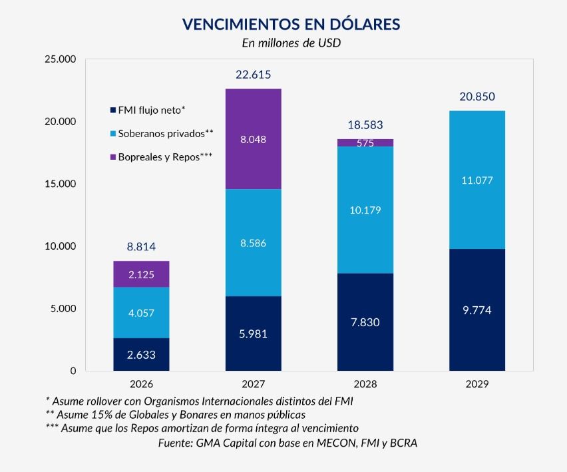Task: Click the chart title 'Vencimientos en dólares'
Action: (x=291, y=25)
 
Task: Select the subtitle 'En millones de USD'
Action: (x=291, y=44)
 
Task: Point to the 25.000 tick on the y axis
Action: (x=60, y=59)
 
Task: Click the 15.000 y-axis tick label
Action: (x=60, y=184)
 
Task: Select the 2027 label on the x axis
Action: (x=254, y=385)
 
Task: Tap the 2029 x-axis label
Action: (x=477, y=385)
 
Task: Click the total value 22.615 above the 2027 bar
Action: (x=254, y=75)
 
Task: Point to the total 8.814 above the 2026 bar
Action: (x=141, y=246)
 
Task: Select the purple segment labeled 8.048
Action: (x=254, y=139)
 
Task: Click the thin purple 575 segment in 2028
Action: (x=365, y=142)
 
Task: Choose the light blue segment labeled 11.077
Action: (x=477, y=180)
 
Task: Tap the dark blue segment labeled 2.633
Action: (x=141, y=354)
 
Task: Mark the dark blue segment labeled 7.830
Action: (x=365, y=322)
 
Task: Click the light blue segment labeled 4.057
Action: (x=141, y=312)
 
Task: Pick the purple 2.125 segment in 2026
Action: (x=141, y=274)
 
